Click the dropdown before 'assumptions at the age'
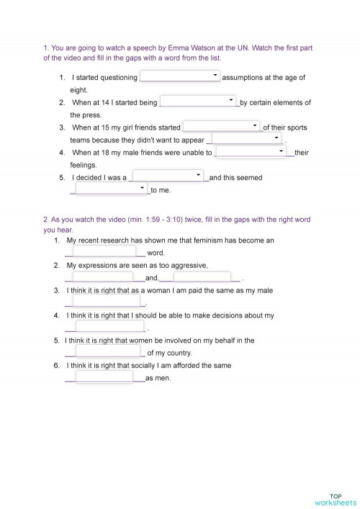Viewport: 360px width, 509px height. (x=180, y=77)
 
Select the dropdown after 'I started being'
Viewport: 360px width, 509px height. (x=198, y=102)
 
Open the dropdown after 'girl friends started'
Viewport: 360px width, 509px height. (x=221, y=127)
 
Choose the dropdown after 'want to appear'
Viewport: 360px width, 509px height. (x=246, y=140)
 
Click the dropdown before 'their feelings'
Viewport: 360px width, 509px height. (x=251, y=153)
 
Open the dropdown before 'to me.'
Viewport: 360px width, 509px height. (x=112, y=190)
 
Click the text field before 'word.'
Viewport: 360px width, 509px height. (x=105, y=253)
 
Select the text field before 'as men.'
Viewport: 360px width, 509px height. (x=105, y=377)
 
